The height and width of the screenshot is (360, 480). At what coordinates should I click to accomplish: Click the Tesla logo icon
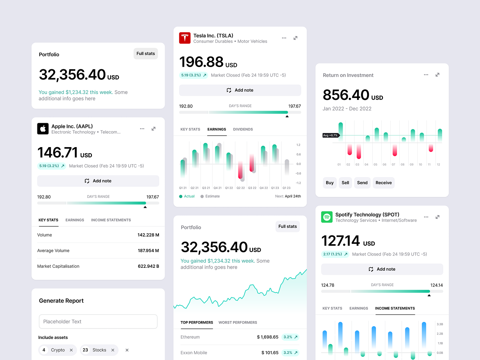(x=185, y=38)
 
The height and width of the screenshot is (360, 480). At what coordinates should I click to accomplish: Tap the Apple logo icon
(x=43, y=129)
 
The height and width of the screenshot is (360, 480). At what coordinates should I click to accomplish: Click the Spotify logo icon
(x=327, y=217)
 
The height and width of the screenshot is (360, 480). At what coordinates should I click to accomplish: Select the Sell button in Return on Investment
(x=345, y=183)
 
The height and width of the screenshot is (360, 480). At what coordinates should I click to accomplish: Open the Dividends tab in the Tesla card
(x=243, y=129)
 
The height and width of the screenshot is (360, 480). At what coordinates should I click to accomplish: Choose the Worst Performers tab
(x=238, y=322)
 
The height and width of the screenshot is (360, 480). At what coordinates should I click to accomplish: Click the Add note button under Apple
(x=98, y=181)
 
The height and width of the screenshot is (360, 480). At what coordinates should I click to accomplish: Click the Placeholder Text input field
(x=98, y=322)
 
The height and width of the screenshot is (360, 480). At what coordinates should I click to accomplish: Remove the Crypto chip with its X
(x=71, y=350)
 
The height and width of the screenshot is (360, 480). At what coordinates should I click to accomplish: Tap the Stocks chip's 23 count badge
(x=85, y=350)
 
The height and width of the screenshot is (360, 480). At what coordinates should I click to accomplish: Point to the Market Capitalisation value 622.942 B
(x=148, y=266)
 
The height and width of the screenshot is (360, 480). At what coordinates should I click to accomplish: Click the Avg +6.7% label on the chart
(x=330, y=135)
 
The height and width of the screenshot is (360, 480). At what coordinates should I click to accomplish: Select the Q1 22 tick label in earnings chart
(x=229, y=188)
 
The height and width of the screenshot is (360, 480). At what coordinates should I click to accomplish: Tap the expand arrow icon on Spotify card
(x=438, y=217)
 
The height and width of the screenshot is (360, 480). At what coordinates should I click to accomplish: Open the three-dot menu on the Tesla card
(x=284, y=38)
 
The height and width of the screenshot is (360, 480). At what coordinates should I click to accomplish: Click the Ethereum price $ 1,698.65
(x=267, y=337)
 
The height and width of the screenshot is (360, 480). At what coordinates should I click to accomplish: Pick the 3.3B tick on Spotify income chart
(x=440, y=324)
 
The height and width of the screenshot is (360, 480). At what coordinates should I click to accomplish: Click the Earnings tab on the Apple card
(x=75, y=220)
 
